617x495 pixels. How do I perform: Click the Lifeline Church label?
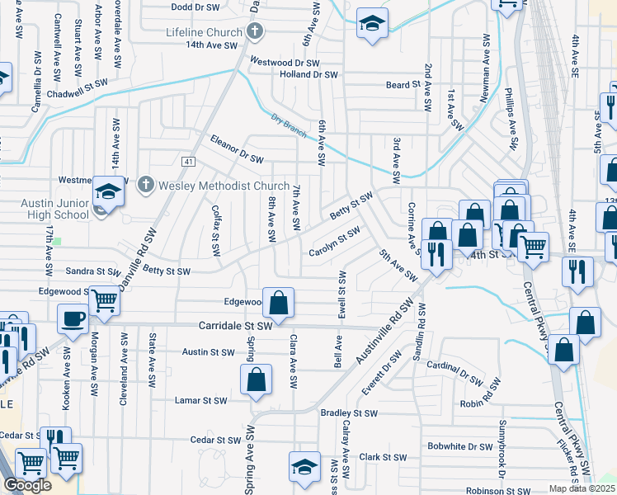point(203,32)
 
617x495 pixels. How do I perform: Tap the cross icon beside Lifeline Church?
point(256,33)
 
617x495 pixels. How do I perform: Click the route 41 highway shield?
point(189,160)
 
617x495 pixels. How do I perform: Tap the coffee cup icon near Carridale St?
point(73,318)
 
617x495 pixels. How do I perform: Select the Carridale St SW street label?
point(235,327)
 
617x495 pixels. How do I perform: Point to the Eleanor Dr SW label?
point(236,148)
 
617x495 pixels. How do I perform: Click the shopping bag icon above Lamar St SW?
point(256,380)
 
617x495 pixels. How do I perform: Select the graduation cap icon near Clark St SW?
point(304,465)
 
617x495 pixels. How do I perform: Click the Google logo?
point(27,485)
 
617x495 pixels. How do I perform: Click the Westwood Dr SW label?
point(285,62)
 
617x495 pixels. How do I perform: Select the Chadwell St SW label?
point(79,83)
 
